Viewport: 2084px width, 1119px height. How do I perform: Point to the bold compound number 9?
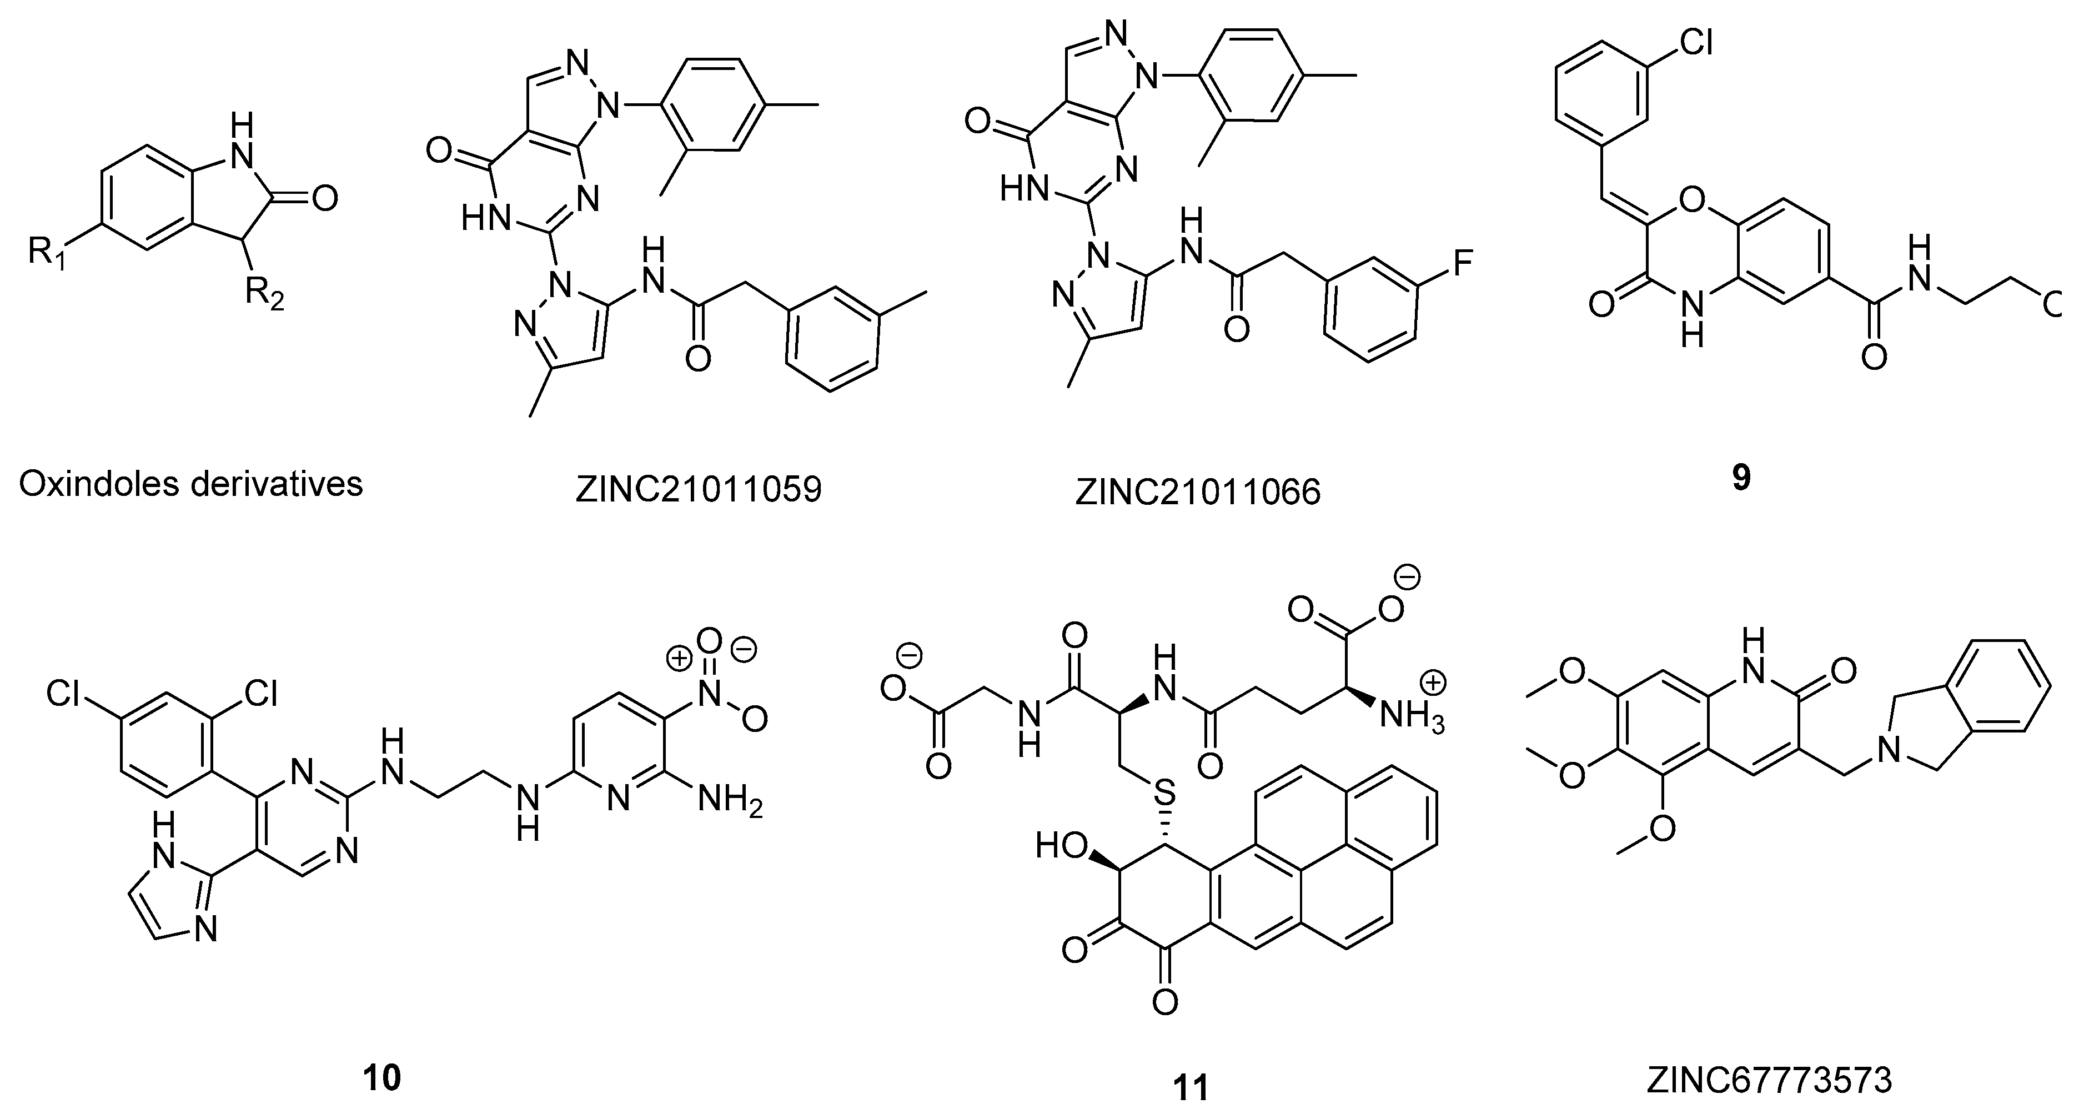[x=1741, y=479]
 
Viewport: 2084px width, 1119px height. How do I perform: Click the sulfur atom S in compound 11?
[x=1163, y=791]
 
